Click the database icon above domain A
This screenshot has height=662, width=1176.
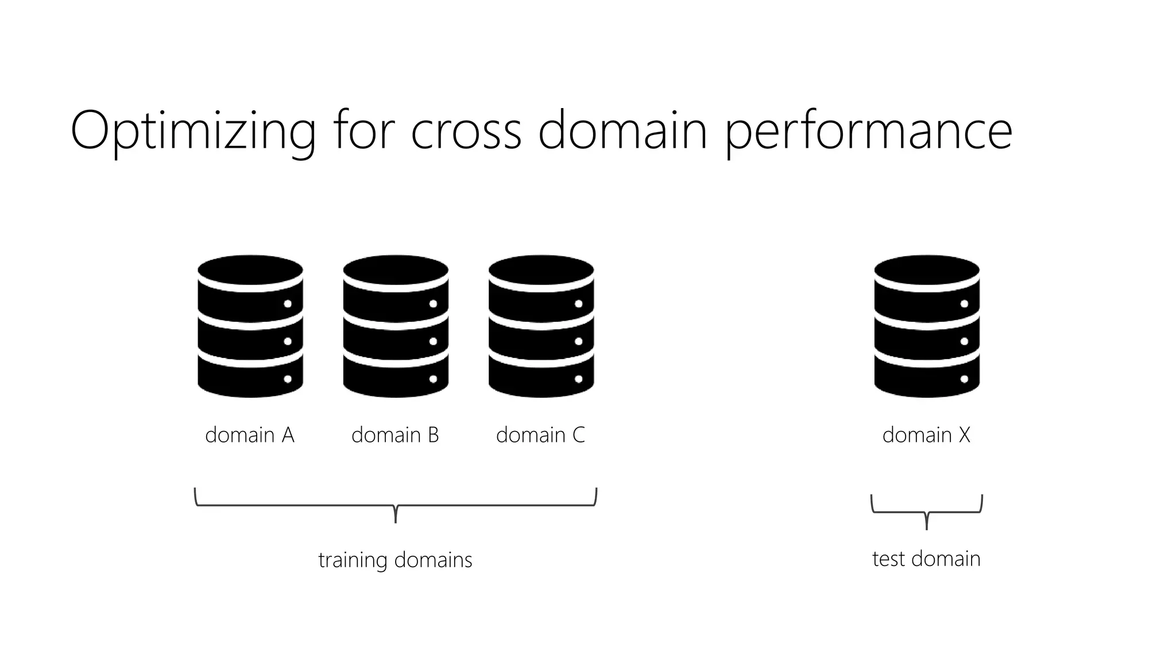[250, 326]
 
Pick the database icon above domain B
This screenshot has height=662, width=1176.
[396, 326]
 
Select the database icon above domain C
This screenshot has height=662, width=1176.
[541, 326]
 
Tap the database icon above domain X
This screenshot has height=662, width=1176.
[927, 326]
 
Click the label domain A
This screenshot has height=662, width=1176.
[250, 435]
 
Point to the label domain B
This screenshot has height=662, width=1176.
[395, 435]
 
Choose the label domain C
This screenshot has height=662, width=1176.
[540, 435]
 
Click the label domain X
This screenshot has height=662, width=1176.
[926, 435]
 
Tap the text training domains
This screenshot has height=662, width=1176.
[395, 560]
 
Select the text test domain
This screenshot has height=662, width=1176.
[926, 559]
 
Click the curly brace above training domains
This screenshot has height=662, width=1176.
[396, 506]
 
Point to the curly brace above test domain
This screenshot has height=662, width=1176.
[927, 511]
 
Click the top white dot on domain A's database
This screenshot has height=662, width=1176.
[288, 304]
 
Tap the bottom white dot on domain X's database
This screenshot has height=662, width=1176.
[964, 379]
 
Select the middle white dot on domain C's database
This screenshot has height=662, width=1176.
[578, 341]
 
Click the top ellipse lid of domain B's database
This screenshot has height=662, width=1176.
[396, 270]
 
